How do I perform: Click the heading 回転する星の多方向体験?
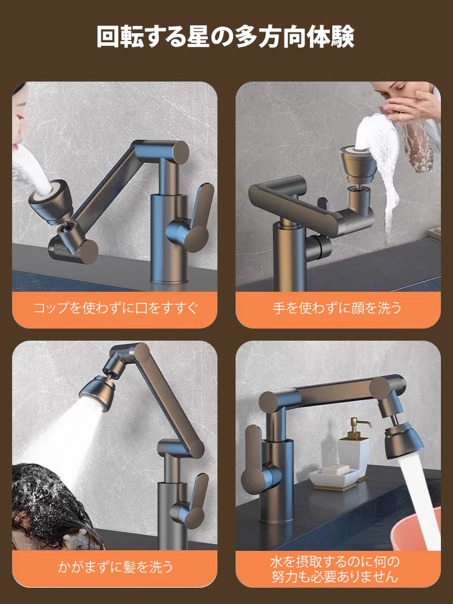226,37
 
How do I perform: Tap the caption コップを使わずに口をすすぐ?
115,308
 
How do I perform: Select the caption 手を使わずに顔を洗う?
337,308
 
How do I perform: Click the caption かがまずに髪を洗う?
115,567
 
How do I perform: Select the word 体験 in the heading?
333,37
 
